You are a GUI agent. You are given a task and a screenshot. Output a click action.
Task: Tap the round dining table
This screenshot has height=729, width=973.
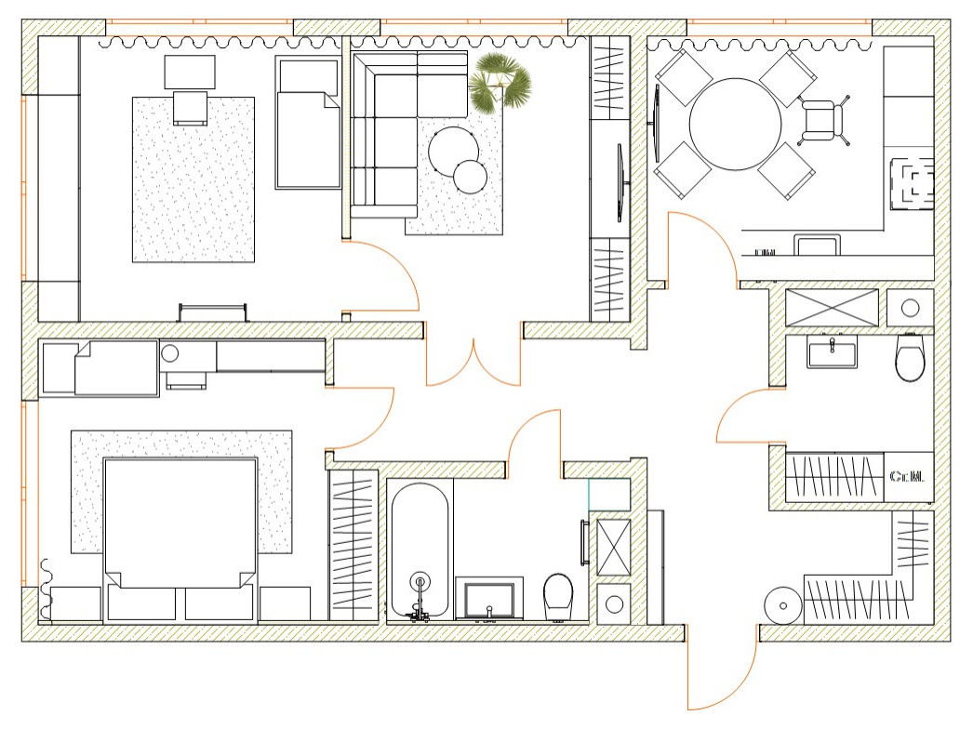coord(735,124)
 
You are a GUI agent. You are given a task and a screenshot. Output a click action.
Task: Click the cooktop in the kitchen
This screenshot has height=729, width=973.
coord(912,185)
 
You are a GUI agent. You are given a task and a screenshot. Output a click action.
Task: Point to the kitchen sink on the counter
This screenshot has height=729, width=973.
coord(817,245)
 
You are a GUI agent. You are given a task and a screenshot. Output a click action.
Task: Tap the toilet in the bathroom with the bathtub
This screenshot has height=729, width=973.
coord(558,595)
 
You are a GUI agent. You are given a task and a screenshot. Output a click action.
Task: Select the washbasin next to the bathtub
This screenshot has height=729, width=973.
coord(489,599)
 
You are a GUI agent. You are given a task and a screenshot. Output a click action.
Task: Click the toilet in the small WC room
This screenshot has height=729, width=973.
coord(910,358)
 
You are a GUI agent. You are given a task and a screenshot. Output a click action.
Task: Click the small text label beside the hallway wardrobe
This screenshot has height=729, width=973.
coord(907,477)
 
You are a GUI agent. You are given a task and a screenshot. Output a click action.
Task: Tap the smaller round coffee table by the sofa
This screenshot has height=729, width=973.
coord(471,176)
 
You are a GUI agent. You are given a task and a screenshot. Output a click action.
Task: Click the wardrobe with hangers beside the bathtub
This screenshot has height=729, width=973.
coord(353,544)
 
